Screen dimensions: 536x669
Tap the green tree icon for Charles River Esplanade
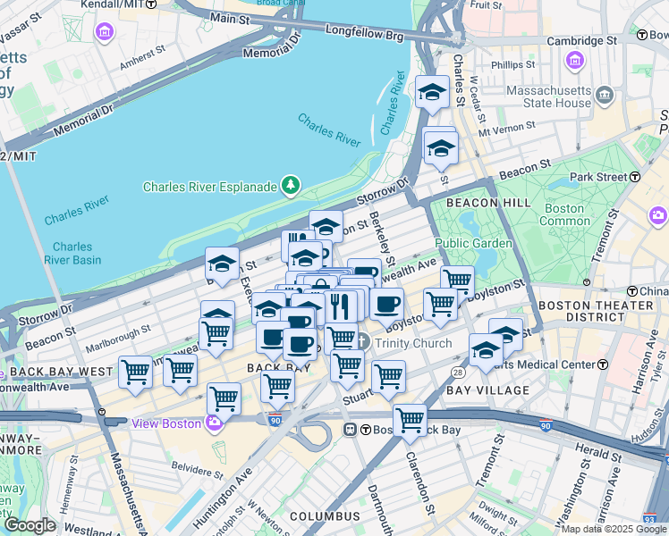tap(290, 186)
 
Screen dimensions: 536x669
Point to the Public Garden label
tap(473, 243)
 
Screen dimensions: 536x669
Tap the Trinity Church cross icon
tap(361, 342)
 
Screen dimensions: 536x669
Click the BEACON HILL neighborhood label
tap(470, 203)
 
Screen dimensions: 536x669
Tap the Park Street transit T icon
tap(634, 177)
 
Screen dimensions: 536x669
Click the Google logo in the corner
tap(30, 524)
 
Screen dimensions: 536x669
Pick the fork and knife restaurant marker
tap(339, 306)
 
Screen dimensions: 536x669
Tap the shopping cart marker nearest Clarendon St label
tap(410, 418)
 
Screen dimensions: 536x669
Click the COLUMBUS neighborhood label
tap(324, 516)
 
